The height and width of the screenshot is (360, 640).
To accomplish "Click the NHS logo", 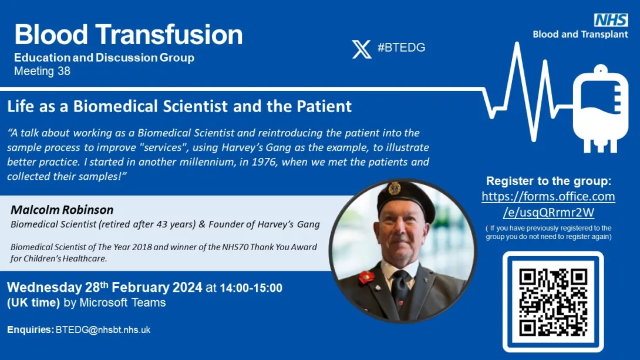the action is (611, 19).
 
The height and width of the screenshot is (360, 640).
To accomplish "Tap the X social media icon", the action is (362, 49).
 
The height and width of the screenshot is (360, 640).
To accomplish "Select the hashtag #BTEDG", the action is (401, 48).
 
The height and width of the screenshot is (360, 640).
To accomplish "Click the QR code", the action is (553, 302).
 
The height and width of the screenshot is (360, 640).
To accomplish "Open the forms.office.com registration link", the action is (548, 204).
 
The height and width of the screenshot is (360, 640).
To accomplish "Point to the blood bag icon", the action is (601, 109).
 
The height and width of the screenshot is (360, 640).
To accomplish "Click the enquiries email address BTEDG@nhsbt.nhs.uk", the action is (103, 330).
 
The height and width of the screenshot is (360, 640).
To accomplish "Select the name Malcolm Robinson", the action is (62, 210).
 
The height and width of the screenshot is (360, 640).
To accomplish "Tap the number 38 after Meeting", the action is (63, 71).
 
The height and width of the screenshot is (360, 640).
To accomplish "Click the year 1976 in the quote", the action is (263, 162).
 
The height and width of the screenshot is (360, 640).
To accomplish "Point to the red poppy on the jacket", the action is (366, 277).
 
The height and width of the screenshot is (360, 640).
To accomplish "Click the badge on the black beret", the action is (395, 188).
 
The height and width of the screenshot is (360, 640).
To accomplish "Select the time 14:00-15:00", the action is (251, 288).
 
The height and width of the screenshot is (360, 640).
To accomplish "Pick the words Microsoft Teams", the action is (123, 302).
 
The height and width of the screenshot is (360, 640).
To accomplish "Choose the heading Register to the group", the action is (548, 181).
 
